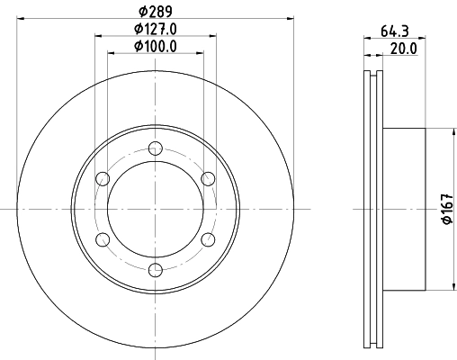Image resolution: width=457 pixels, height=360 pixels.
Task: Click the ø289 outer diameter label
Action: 156,10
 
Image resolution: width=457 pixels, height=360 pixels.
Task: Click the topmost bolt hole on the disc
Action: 156,148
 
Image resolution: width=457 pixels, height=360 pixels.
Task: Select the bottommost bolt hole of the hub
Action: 156,269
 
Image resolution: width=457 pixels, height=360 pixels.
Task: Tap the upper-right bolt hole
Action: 208,178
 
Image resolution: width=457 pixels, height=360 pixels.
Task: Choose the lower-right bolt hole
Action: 208,238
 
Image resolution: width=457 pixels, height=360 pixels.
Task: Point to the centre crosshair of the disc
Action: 156,209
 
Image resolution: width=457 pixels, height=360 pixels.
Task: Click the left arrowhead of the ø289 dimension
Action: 21,17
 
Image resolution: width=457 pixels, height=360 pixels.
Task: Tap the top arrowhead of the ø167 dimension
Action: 449,131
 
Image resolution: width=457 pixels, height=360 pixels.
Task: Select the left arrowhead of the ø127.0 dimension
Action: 98,35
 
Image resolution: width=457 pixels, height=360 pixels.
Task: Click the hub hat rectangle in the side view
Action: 405,209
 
